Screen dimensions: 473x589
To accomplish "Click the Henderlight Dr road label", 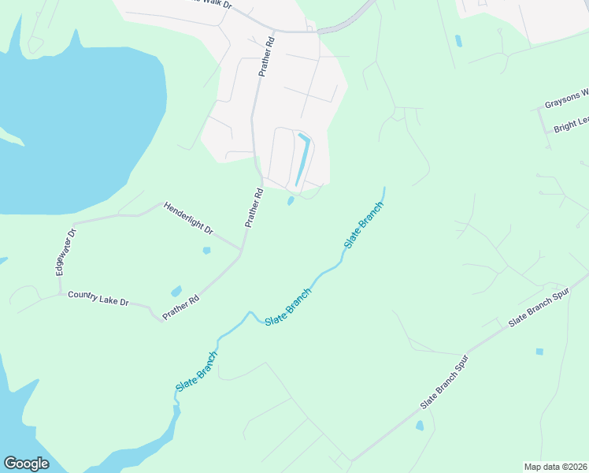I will pyautogui.click(x=188, y=218).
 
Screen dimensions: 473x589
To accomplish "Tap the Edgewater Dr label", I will pyautogui.click(x=65, y=252).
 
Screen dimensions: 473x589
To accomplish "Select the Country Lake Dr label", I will pyautogui.click(x=98, y=297).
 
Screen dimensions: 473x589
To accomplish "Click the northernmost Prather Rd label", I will pyautogui.click(x=267, y=56).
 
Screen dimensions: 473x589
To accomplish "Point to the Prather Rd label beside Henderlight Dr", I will pyautogui.click(x=253, y=208).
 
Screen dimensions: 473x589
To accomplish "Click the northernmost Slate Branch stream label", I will pyautogui.click(x=364, y=225).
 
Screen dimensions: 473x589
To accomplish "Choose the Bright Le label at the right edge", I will pyautogui.click(x=571, y=124).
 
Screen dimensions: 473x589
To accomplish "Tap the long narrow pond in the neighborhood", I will pyautogui.click(x=301, y=160).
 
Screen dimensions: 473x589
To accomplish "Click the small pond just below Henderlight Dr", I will pyautogui.click(x=206, y=251).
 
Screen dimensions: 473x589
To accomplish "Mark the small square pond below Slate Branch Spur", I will pyautogui.click(x=539, y=352).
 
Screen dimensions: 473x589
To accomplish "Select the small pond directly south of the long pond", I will pyautogui.click(x=291, y=201).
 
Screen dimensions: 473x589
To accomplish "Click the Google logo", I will pyautogui.click(x=26, y=464).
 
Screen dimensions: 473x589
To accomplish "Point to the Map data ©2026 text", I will pyautogui.click(x=555, y=467).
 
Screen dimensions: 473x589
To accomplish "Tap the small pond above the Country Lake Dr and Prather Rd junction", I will pyautogui.click(x=176, y=291).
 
